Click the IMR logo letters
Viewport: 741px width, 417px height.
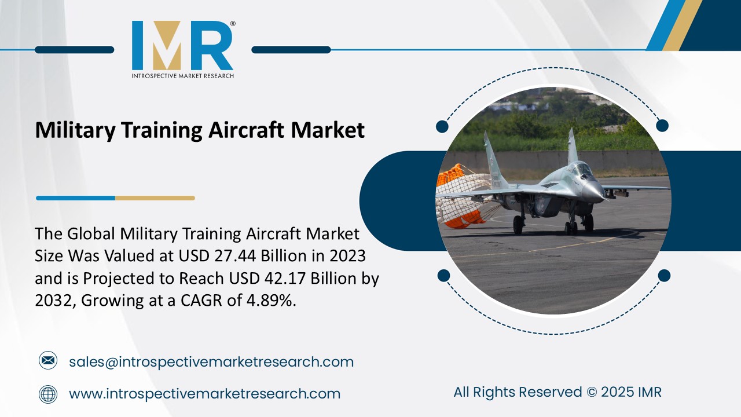click(182, 46)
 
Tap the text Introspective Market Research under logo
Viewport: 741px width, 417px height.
click(182, 75)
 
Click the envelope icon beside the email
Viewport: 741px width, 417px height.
click(48, 361)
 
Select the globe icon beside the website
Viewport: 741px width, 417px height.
click(48, 394)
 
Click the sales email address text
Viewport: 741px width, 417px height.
click(211, 362)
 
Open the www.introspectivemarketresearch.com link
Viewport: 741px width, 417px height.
click(204, 394)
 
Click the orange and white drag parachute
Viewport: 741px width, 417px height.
click(460, 194)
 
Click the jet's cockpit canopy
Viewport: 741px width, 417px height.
click(581, 170)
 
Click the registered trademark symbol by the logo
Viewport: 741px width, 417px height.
click(233, 24)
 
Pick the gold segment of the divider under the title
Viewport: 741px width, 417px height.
click(155, 198)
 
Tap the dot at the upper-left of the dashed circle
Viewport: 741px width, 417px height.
click(442, 126)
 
